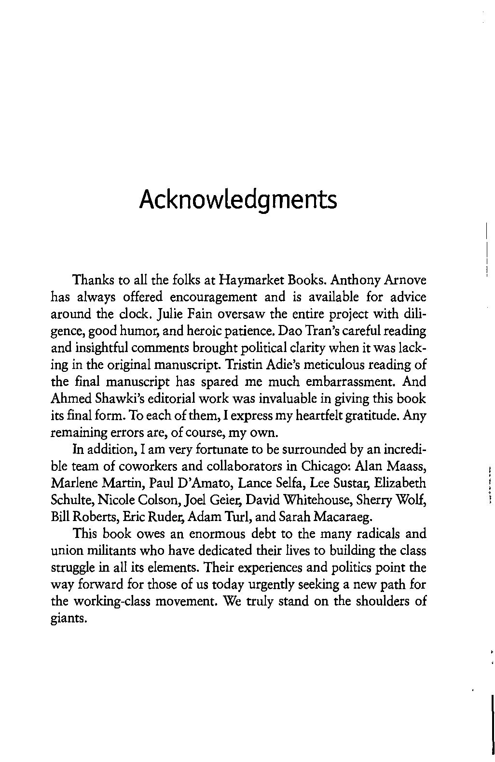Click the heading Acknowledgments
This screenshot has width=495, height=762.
(238, 199)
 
